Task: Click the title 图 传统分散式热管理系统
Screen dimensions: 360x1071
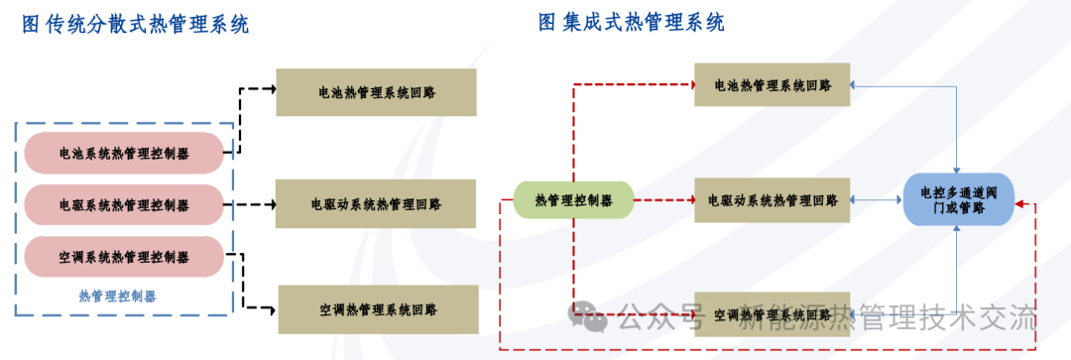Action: click(x=136, y=25)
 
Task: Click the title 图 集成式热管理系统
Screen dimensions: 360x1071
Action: click(x=631, y=22)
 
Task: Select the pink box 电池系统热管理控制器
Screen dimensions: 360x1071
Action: click(x=124, y=153)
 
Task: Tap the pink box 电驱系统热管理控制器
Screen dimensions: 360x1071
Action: click(x=124, y=204)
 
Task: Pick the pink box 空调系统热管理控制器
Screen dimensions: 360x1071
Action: click(x=124, y=257)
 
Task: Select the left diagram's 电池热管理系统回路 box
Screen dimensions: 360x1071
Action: click(x=376, y=91)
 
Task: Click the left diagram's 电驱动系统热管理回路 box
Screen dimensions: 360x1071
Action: click(x=376, y=203)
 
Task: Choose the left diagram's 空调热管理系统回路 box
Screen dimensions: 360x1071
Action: click(x=378, y=308)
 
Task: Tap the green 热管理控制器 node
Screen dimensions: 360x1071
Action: click(x=573, y=200)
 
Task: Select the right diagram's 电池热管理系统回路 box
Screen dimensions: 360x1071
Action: click(x=773, y=85)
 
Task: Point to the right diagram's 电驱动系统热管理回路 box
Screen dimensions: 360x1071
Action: click(x=773, y=200)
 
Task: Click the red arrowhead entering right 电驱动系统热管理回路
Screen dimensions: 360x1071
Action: click(x=689, y=200)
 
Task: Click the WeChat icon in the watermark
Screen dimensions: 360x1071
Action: click(x=588, y=317)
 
